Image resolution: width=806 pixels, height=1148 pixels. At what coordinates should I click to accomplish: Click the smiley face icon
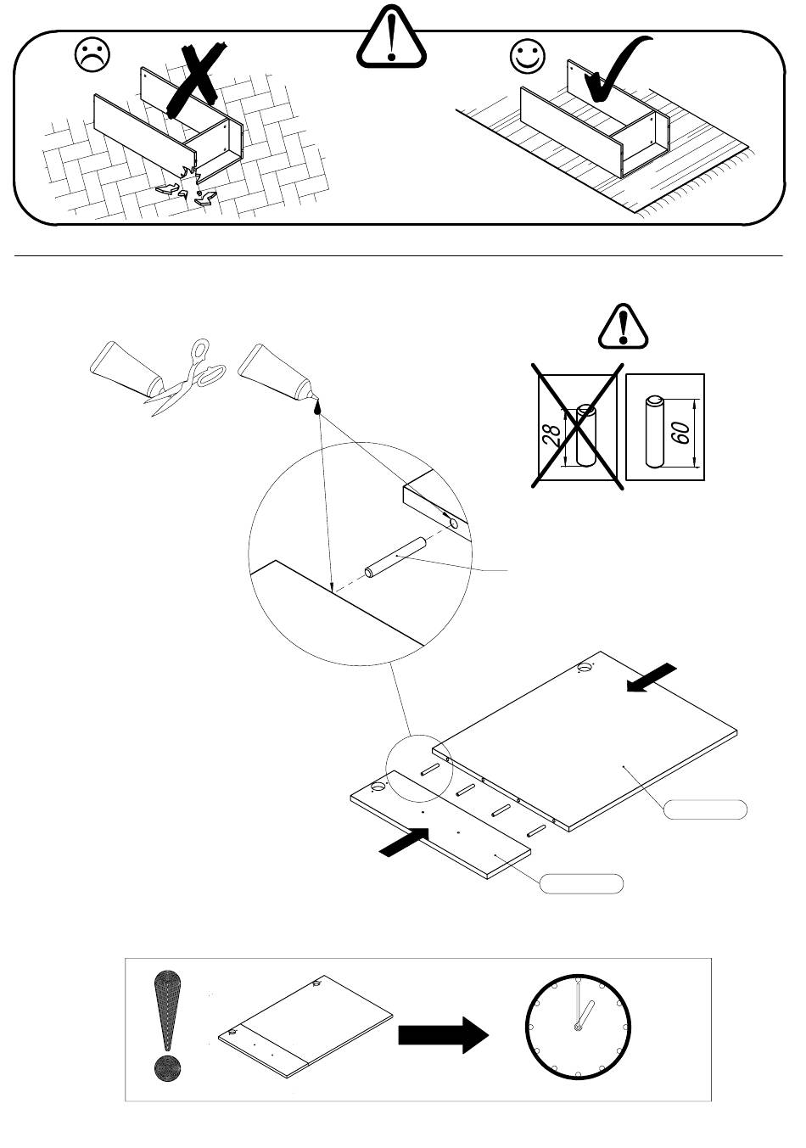(527, 56)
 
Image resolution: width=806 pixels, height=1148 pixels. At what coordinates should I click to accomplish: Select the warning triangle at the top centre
(390, 42)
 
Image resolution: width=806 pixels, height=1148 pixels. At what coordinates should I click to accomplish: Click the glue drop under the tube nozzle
(319, 407)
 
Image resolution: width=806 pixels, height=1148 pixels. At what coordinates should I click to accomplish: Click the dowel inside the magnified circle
(394, 557)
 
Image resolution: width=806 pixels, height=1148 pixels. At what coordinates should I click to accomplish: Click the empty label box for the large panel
(705, 809)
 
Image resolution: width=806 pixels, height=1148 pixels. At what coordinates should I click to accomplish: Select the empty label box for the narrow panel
(582, 883)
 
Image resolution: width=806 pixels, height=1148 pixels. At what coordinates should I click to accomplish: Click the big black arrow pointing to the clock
(444, 1035)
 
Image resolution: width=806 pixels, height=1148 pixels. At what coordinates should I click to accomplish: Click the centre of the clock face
(578, 1028)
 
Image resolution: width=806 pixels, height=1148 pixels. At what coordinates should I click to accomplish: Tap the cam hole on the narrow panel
(378, 787)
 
